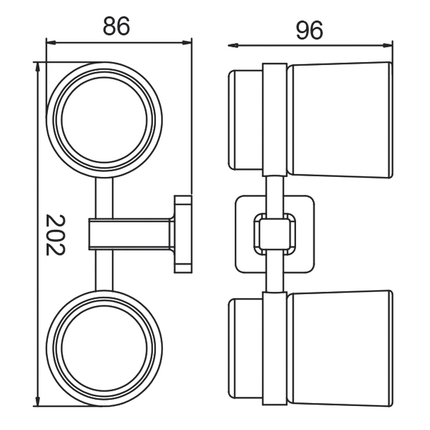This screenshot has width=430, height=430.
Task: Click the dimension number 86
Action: pyautogui.click(x=116, y=27)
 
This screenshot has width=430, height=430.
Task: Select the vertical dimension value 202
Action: pyautogui.click(x=56, y=235)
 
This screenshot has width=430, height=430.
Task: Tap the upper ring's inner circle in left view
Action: pyautogui.click(x=104, y=120)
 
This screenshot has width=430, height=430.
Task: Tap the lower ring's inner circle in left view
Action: pyautogui.click(x=104, y=348)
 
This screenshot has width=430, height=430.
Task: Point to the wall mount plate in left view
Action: pyautogui.click(x=182, y=234)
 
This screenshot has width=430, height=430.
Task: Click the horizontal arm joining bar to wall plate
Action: pyautogui.click(x=130, y=233)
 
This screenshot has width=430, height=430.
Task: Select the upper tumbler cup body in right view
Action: pyautogui.click(x=340, y=120)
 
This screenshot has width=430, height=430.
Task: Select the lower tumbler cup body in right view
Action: pyautogui.click(x=340, y=348)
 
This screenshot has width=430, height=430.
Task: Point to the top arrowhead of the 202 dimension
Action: pyautogui.click(x=39, y=66)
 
